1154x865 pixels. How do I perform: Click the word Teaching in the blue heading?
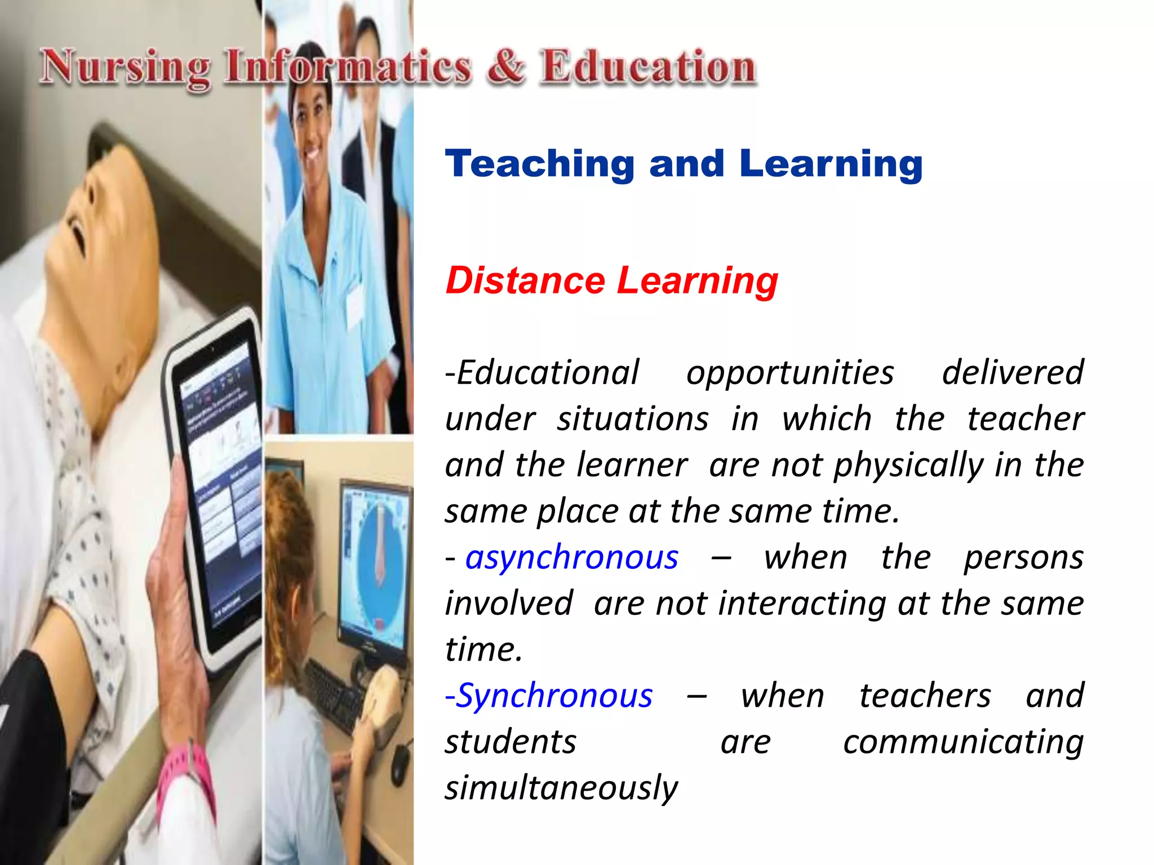tap(540, 164)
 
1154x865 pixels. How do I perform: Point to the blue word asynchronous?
tap(571, 558)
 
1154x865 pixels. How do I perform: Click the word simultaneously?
tap(561, 787)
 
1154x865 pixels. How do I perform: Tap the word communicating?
tap(963, 742)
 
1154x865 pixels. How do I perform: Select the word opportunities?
tap(790, 373)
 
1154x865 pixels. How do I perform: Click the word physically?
tap(908, 466)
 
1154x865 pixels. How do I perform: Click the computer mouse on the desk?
tap(400, 761)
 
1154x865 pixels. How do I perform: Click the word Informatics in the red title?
tap(347, 68)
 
